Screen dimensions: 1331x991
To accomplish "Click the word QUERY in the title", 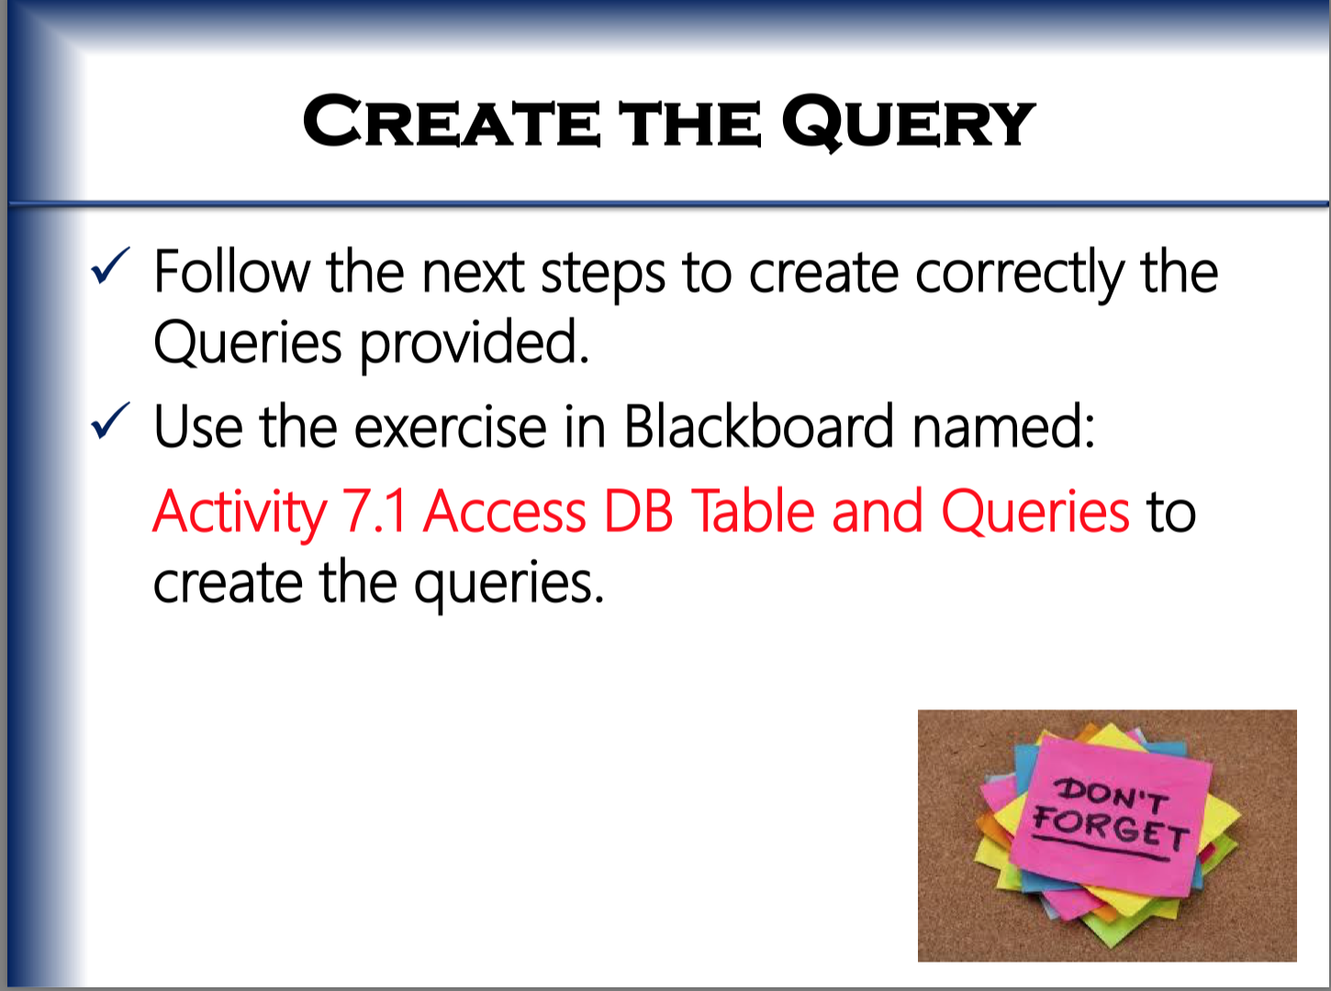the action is [909, 122].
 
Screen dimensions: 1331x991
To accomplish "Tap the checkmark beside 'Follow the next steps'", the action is [110, 264].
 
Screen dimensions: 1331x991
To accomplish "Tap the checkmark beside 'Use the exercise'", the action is [110, 420].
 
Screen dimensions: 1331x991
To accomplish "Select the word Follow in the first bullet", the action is [231, 272].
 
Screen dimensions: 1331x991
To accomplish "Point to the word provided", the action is [474, 344].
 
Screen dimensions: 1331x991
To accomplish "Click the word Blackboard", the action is [759, 426].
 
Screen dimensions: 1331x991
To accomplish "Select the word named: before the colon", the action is [1003, 426].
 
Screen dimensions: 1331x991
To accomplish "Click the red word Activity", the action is [240, 514].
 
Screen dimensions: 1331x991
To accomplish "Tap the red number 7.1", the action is [374, 511].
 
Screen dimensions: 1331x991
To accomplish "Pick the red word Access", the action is [504, 511].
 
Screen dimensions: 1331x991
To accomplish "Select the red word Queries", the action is [1035, 514].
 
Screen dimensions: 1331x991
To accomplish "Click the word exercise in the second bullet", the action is [450, 427].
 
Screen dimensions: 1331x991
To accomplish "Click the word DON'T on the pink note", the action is [1112, 795].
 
